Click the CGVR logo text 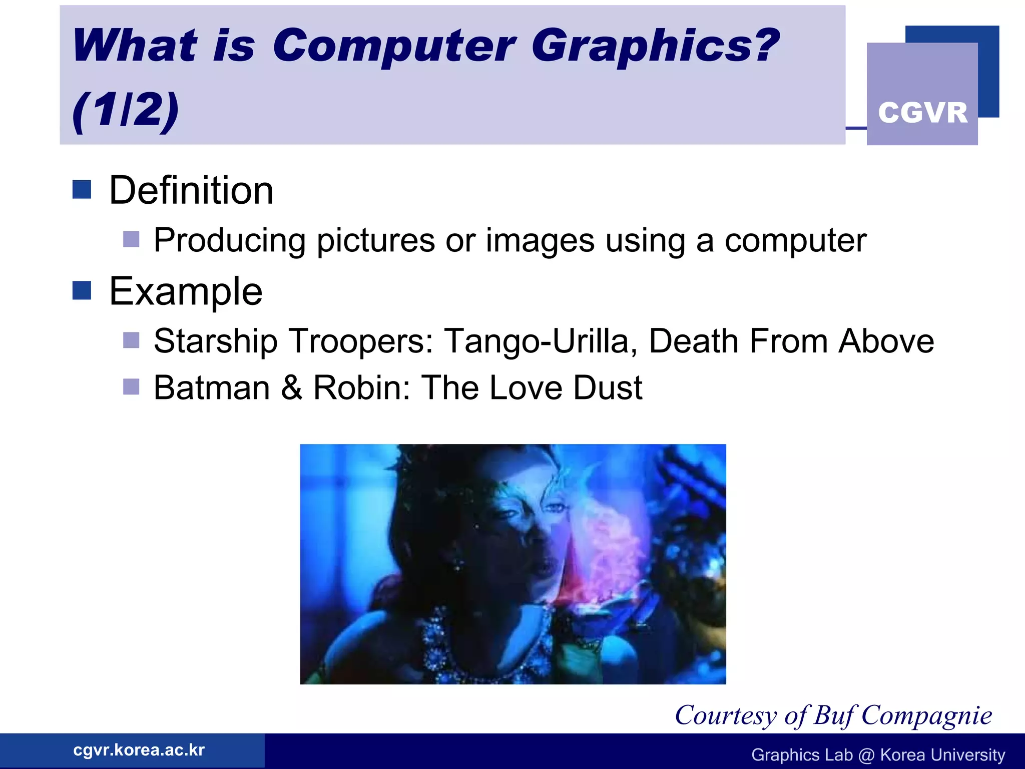(922, 112)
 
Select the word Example (186, 291)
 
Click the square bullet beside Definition (82, 190)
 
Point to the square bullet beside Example (82, 290)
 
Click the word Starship (215, 341)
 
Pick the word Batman (212, 388)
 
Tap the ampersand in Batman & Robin (291, 388)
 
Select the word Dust (608, 388)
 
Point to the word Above (886, 341)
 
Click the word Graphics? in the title (655, 47)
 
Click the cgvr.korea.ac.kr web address (139, 750)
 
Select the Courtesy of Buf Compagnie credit (833, 715)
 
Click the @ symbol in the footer (866, 755)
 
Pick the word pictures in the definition (376, 241)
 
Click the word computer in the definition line (796, 241)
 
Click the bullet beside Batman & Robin (131, 387)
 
